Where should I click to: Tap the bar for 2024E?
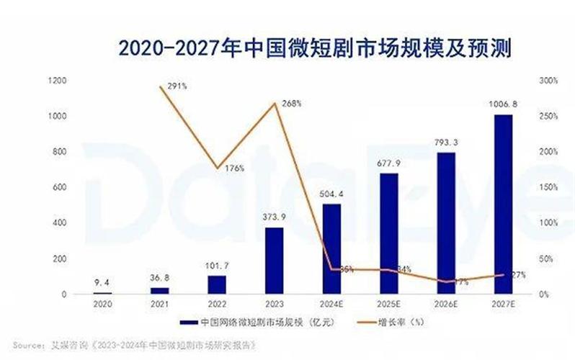click(331, 249)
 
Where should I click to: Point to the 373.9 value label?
click(275, 216)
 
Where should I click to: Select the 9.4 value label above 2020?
click(103, 282)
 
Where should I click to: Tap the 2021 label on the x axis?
click(160, 305)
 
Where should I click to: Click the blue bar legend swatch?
click(190, 323)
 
